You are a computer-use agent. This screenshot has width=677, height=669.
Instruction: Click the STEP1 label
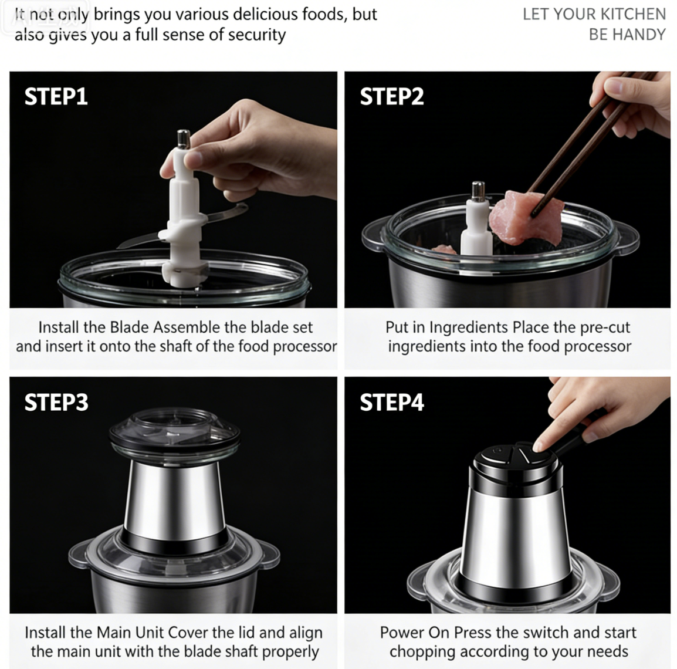point(56,96)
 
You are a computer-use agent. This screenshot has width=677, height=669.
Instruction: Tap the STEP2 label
point(392,96)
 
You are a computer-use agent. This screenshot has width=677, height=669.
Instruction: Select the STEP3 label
point(56,402)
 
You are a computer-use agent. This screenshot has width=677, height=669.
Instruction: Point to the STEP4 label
point(392,402)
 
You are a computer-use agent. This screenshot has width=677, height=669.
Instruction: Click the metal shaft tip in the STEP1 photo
point(184,139)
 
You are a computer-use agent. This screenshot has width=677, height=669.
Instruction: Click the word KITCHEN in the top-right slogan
point(633,14)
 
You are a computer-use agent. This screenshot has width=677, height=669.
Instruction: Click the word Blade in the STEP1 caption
point(130,327)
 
